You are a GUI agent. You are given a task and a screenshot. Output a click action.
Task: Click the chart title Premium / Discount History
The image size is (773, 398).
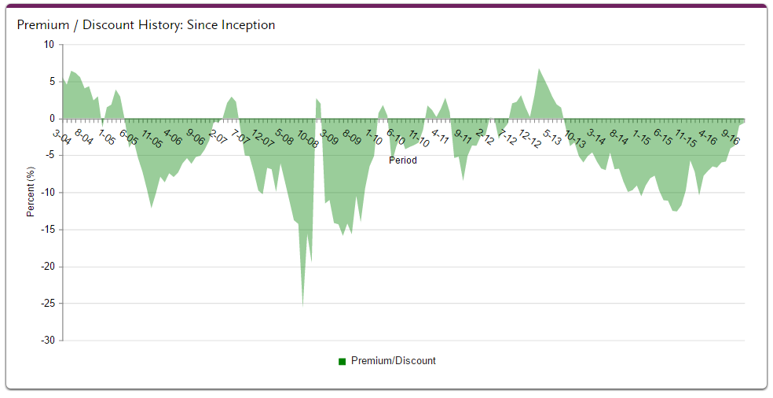coord(146,25)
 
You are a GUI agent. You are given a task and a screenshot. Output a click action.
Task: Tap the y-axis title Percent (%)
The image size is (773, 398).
coord(31,191)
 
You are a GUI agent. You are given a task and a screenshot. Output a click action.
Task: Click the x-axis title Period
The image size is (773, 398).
coord(403,160)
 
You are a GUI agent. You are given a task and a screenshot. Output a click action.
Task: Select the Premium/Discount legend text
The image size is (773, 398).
coord(393,361)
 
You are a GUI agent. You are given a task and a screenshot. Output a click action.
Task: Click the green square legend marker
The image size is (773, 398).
coord(343,361)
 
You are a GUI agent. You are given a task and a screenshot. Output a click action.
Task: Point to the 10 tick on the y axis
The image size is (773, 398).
coord(49,45)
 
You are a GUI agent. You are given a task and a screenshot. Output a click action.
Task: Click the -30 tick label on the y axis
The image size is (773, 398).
coord(47,341)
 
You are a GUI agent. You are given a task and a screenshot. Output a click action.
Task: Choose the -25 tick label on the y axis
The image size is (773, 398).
coord(47,304)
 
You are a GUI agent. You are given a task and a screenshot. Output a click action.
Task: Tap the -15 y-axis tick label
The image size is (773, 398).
coord(47,230)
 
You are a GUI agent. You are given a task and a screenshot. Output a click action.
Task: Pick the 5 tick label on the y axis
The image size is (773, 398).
coord(51,82)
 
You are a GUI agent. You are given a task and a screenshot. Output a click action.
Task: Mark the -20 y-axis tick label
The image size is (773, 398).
coord(47,267)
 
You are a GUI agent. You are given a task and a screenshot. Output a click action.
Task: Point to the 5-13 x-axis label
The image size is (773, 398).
coord(552,138)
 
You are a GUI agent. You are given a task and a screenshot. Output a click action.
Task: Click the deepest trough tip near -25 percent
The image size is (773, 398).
coord(303,304)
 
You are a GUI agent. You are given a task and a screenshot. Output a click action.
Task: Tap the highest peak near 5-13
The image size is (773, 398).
coord(539,69)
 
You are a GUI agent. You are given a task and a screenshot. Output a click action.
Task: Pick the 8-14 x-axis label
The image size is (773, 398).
coord(618,138)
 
